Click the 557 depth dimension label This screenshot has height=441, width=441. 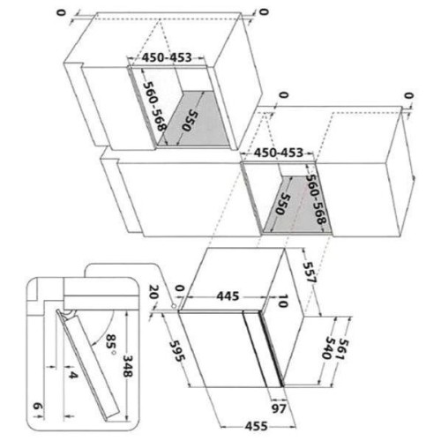(310, 273)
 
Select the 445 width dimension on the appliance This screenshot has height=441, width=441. (228, 296)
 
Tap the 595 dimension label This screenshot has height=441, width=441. (177, 351)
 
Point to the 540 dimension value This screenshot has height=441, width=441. (326, 348)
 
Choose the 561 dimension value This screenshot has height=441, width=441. (343, 349)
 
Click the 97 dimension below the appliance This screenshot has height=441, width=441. (279, 408)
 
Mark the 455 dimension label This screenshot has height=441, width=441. (257, 426)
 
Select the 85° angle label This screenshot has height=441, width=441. (109, 345)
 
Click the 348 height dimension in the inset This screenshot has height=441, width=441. (128, 366)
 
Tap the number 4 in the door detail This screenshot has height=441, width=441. (73, 375)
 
